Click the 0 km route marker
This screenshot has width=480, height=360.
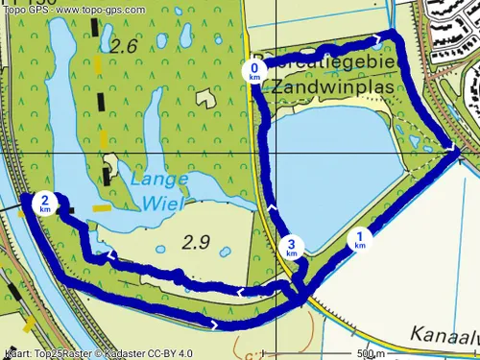254,72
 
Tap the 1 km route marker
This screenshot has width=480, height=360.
360,239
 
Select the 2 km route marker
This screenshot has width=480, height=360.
45,204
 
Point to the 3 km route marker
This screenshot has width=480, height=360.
292,249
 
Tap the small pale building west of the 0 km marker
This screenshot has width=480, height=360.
204,97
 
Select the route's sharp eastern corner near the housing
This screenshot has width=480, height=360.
457,150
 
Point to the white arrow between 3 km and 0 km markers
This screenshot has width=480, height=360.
272,206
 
